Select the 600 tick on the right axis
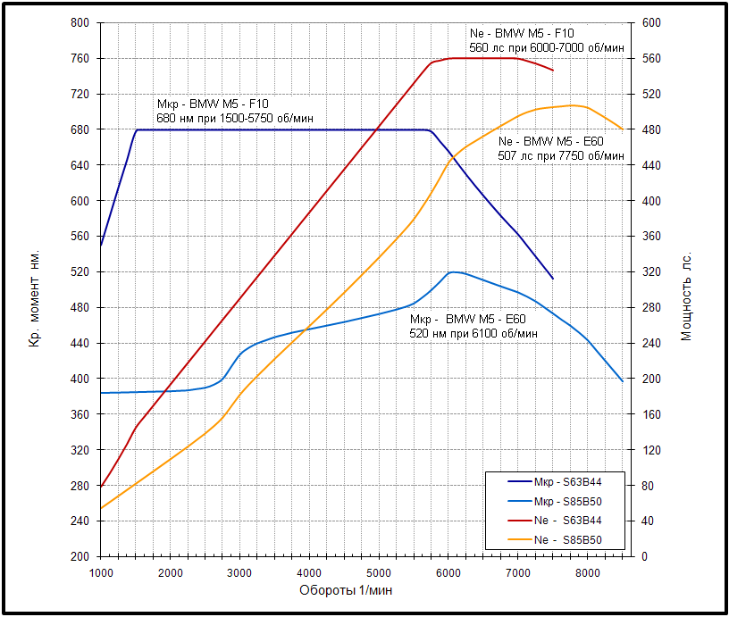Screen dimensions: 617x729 (x=650, y=23)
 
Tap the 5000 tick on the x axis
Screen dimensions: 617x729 (x=379, y=571)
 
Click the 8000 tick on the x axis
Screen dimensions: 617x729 (x=587, y=571)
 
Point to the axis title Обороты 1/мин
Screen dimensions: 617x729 (x=345, y=590)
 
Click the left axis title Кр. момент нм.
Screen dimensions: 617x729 (x=37, y=289)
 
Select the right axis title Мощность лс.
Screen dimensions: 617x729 (x=687, y=295)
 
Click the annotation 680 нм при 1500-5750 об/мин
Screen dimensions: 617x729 (x=234, y=118)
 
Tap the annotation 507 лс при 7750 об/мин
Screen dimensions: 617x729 (x=560, y=155)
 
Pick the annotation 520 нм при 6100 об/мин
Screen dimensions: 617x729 (x=473, y=333)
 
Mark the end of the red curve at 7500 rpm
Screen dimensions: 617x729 (x=553, y=71)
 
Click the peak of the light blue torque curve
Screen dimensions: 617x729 (x=454, y=271)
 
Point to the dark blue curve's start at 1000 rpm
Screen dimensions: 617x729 (x=101, y=245)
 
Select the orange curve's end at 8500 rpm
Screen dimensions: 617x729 (x=623, y=129)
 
